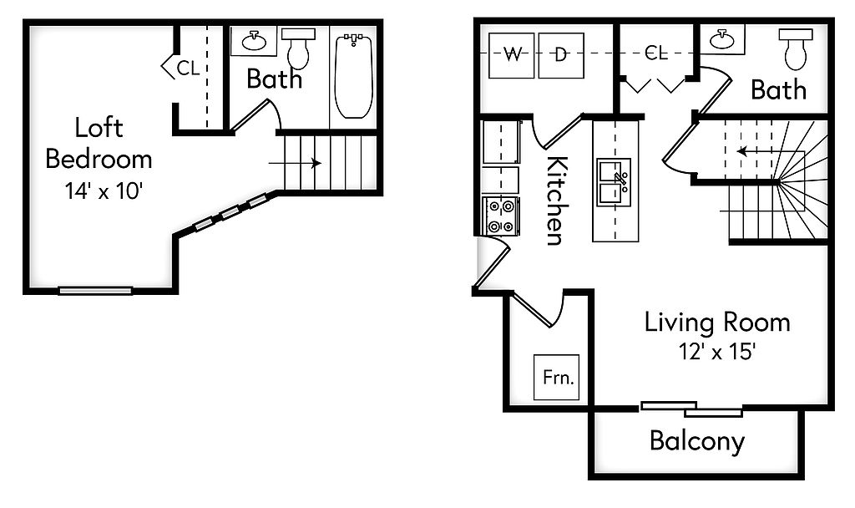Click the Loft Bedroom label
pos(99,143)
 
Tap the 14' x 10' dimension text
pos(99,190)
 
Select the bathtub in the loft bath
pos(354,75)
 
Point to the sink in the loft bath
pos(254,41)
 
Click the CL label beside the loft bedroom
pos(188,68)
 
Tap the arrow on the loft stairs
pos(296,164)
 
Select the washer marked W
pos(510,55)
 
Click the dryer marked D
pos(560,55)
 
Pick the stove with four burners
pos(501,215)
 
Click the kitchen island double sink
pos(614,182)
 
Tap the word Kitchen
pos(554,201)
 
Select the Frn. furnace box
pos(557,377)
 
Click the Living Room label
pos(717,323)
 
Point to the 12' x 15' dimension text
pos(717,352)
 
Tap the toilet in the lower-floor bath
pos(796,49)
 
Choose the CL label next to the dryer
pos(656,53)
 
